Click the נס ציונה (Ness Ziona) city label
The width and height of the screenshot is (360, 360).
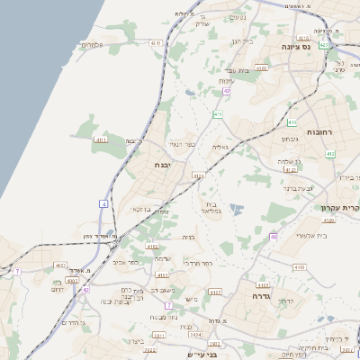(295, 47)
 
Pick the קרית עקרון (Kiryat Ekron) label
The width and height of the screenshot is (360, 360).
(339, 209)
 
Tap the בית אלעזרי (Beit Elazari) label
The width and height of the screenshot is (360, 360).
(311, 235)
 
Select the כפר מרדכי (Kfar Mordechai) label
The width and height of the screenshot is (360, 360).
(197, 263)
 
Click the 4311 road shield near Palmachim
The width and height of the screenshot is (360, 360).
(157, 42)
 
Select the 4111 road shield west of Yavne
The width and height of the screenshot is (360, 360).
(101, 140)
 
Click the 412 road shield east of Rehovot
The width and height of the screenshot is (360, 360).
(330, 154)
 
